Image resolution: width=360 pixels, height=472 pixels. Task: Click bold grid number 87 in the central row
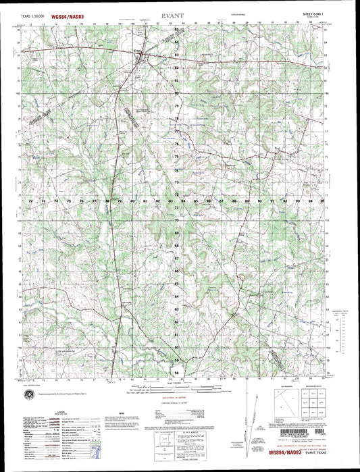coord(222,201)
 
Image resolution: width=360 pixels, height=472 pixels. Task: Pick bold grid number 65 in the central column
coord(177,271)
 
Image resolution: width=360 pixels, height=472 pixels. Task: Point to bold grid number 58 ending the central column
coord(177,372)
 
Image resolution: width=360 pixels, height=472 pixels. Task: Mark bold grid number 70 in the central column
coord(177,221)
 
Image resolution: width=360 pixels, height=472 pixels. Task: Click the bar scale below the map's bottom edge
coord(177,390)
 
